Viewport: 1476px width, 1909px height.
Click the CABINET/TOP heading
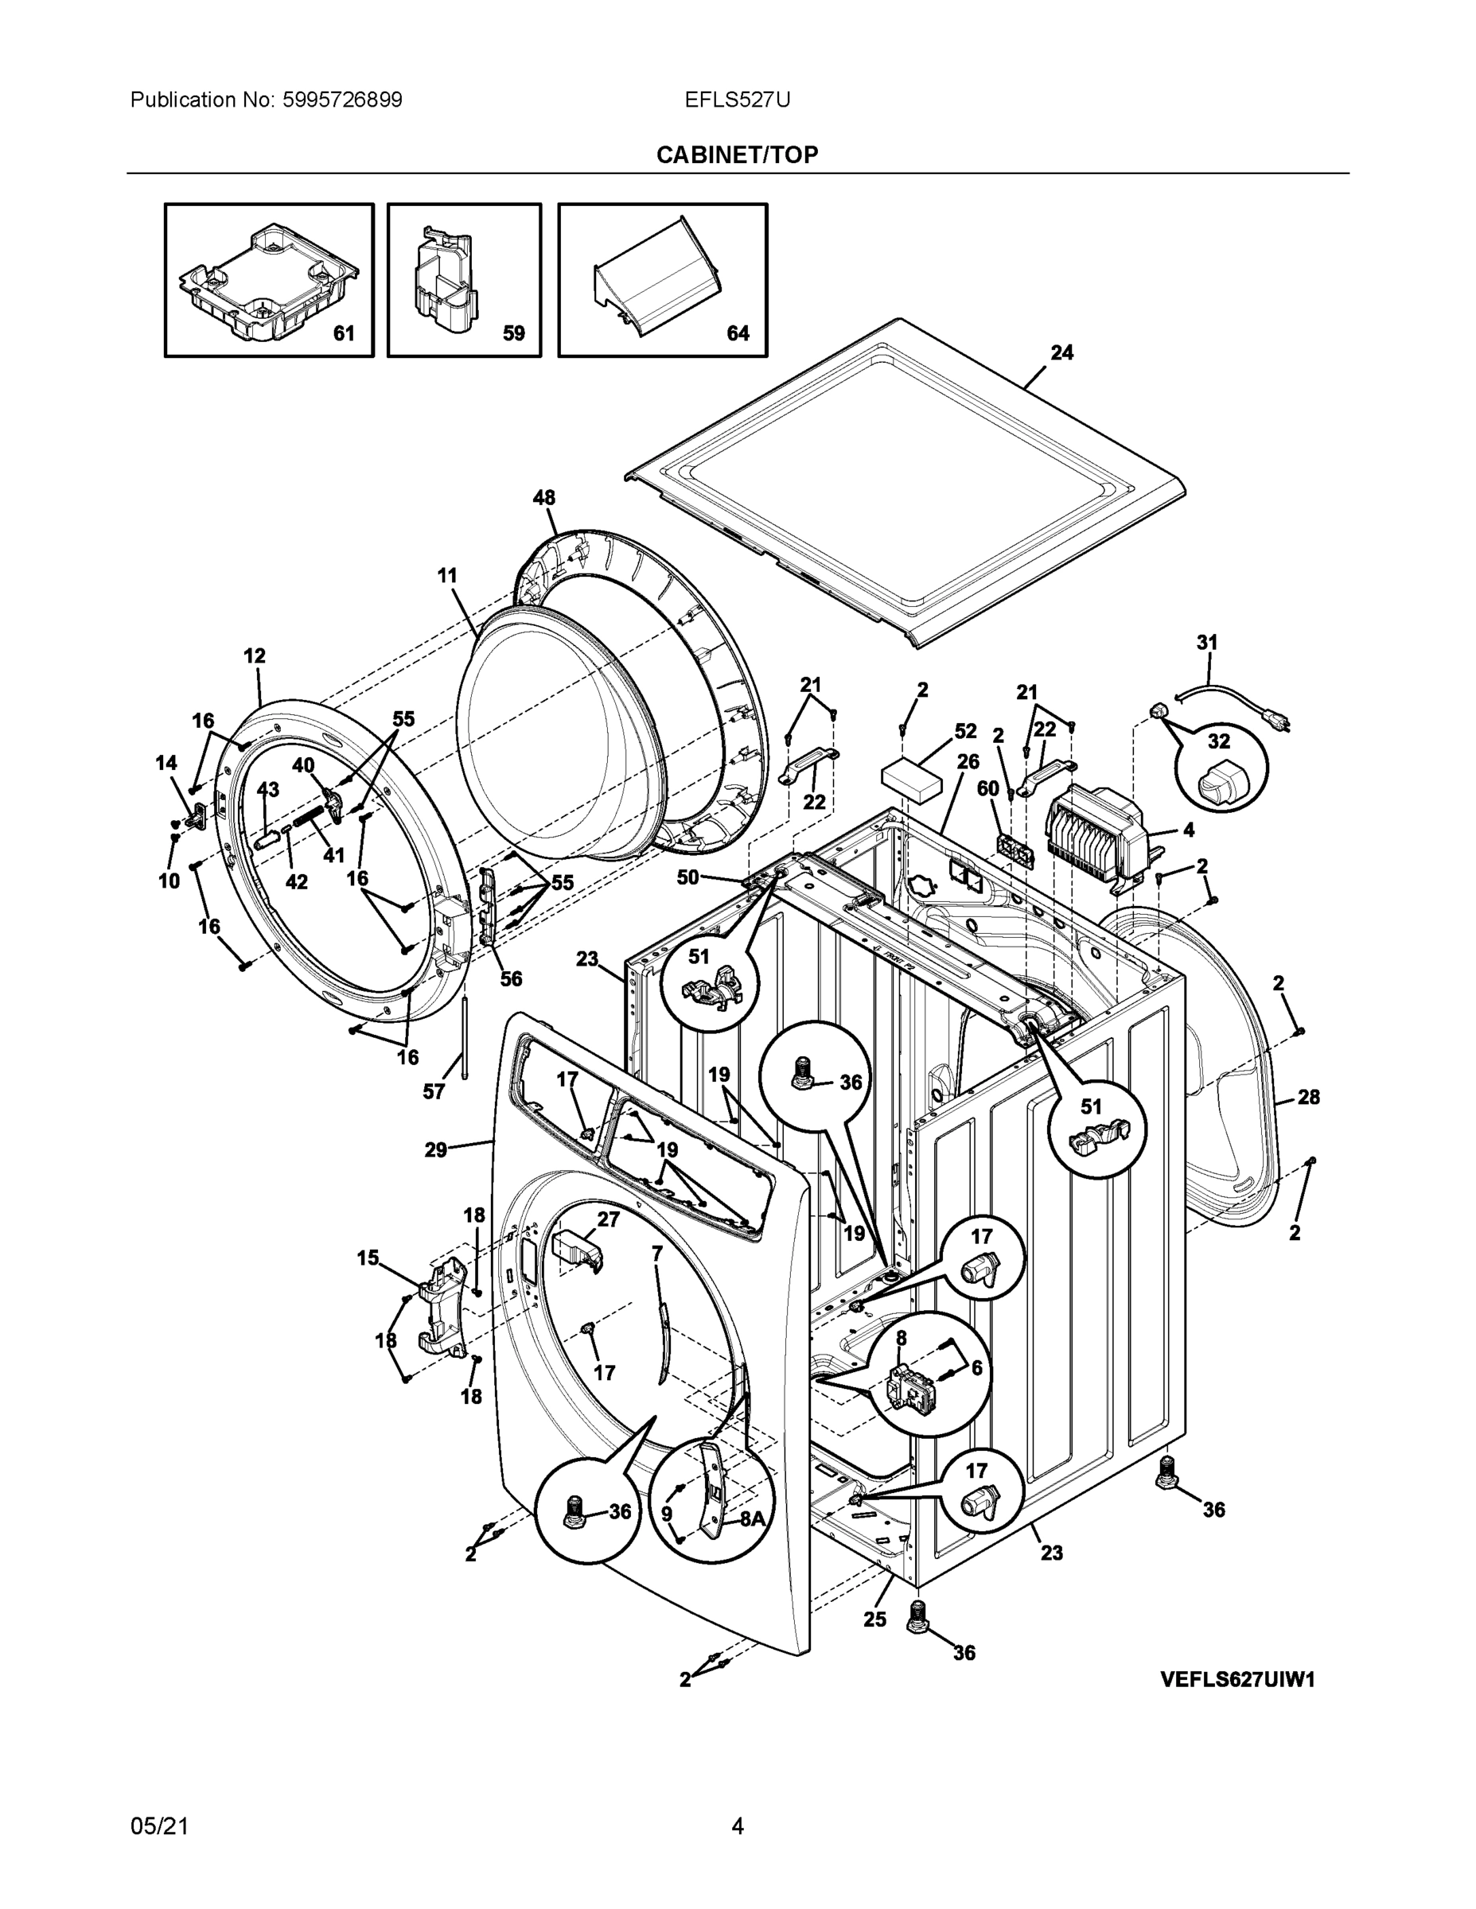[737, 155]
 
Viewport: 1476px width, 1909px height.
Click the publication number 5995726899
[343, 99]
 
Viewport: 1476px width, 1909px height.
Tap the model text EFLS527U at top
[737, 99]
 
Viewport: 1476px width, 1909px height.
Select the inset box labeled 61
[269, 280]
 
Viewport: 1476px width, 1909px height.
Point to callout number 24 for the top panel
[1061, 353]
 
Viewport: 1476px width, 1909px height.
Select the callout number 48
[544, 498]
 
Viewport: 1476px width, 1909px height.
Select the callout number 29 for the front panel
[435, 1150]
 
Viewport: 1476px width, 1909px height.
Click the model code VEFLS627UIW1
[1237, 1679]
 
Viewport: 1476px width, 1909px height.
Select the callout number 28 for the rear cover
[1308, 1097]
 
